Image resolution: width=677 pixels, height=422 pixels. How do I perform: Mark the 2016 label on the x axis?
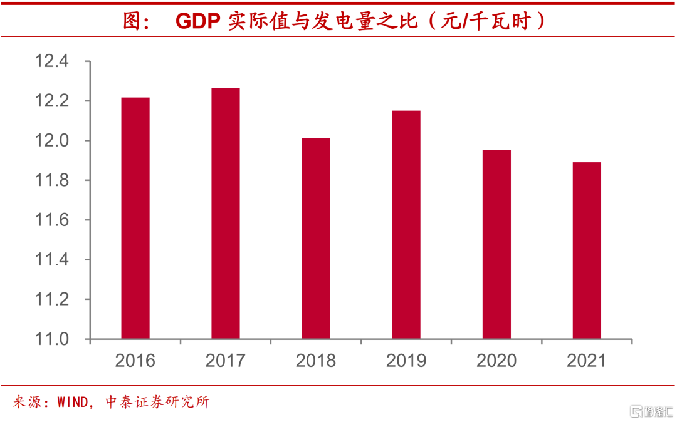tap(135, 361)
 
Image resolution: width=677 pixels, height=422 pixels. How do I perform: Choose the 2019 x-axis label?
tap(406, 361)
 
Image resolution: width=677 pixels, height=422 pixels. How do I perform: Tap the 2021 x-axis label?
tap(587, 361)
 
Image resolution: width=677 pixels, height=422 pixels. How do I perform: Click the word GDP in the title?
tap(197, 21)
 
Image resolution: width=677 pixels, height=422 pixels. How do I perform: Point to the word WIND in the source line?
tap(73, 402)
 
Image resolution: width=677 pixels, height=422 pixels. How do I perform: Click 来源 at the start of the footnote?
tap(28, 402)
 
